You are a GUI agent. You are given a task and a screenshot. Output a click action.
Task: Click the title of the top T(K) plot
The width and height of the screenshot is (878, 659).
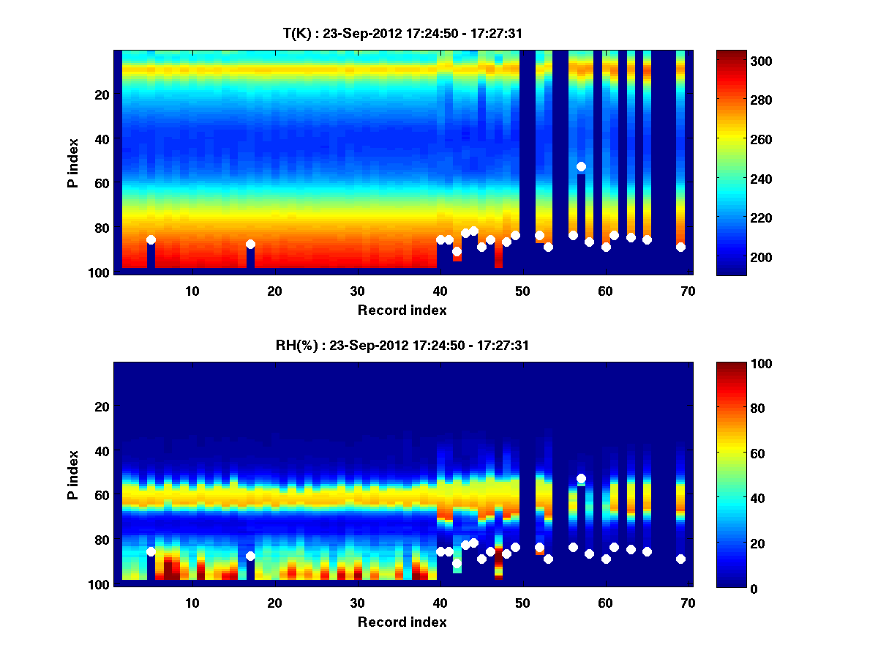[402, 33]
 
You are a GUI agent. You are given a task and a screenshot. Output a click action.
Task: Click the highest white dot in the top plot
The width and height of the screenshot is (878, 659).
[581, 166]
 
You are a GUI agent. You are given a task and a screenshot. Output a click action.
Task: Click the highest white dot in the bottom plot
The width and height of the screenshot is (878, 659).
[581, 478]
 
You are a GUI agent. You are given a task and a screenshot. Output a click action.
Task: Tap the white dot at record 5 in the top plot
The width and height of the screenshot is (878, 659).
[151, 239]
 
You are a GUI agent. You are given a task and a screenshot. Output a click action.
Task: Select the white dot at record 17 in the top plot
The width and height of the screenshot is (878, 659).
[250, 244]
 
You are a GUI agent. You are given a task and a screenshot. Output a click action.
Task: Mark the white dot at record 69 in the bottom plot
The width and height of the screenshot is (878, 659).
[680, 559]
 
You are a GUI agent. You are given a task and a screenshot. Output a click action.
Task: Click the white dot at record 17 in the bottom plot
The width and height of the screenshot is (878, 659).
[250, 556]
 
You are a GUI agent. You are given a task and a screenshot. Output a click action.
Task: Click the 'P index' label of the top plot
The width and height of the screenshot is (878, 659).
[72, 161]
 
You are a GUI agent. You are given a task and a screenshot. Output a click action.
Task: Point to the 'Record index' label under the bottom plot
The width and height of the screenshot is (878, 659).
[402, 622]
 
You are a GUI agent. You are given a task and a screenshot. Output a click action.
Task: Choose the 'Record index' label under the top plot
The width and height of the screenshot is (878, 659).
[402, 310]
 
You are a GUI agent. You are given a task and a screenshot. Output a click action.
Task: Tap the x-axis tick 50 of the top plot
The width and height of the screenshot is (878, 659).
[522, 291]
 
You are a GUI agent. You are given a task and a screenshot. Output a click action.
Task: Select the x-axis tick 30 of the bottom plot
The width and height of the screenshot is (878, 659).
[357, 603]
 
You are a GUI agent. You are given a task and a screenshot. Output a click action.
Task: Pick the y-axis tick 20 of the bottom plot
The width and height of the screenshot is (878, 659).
[102, 406]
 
